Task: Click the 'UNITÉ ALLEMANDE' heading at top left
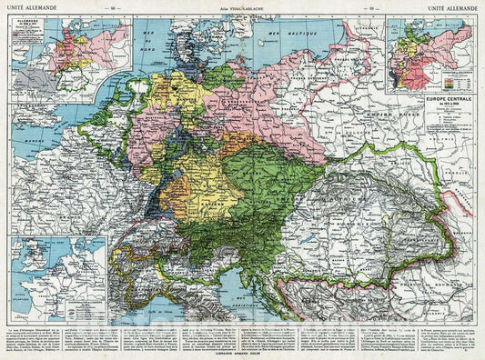click(x=29, y=7)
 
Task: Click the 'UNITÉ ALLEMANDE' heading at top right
click(x=454, y=7)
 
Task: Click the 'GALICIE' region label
click(x=364, y=173)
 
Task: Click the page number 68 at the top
click(x=112, y=7)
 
